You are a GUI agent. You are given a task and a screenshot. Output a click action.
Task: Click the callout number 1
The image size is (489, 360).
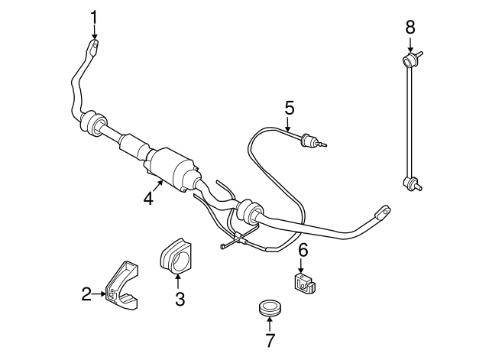click(94, 18)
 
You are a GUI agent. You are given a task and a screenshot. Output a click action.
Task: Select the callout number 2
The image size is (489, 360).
click(86, 294)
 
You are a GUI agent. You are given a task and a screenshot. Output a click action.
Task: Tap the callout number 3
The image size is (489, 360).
click(180, 299)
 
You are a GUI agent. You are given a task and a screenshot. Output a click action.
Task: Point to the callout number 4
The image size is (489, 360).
click(148, 199)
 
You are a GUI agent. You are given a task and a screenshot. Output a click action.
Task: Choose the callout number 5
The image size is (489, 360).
click(290, 108)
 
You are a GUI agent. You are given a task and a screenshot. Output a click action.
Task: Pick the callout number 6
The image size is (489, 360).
click(303, 250)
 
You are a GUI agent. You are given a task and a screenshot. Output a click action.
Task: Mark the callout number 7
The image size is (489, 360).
click(270, 340)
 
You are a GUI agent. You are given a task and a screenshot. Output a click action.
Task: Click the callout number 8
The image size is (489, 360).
click(410, 28)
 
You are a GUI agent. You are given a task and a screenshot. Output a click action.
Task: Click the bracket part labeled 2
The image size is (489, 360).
click(121, 286)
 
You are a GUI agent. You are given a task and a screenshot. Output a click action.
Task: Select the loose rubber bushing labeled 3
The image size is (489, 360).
click(175, 257)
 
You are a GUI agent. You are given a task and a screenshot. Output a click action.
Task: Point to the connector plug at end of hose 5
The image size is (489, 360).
click(313, 141)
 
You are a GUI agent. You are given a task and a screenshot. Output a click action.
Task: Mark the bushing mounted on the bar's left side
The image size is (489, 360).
click(93, 123)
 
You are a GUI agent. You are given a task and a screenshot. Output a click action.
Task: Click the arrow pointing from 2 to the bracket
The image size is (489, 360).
click(99, 294)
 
